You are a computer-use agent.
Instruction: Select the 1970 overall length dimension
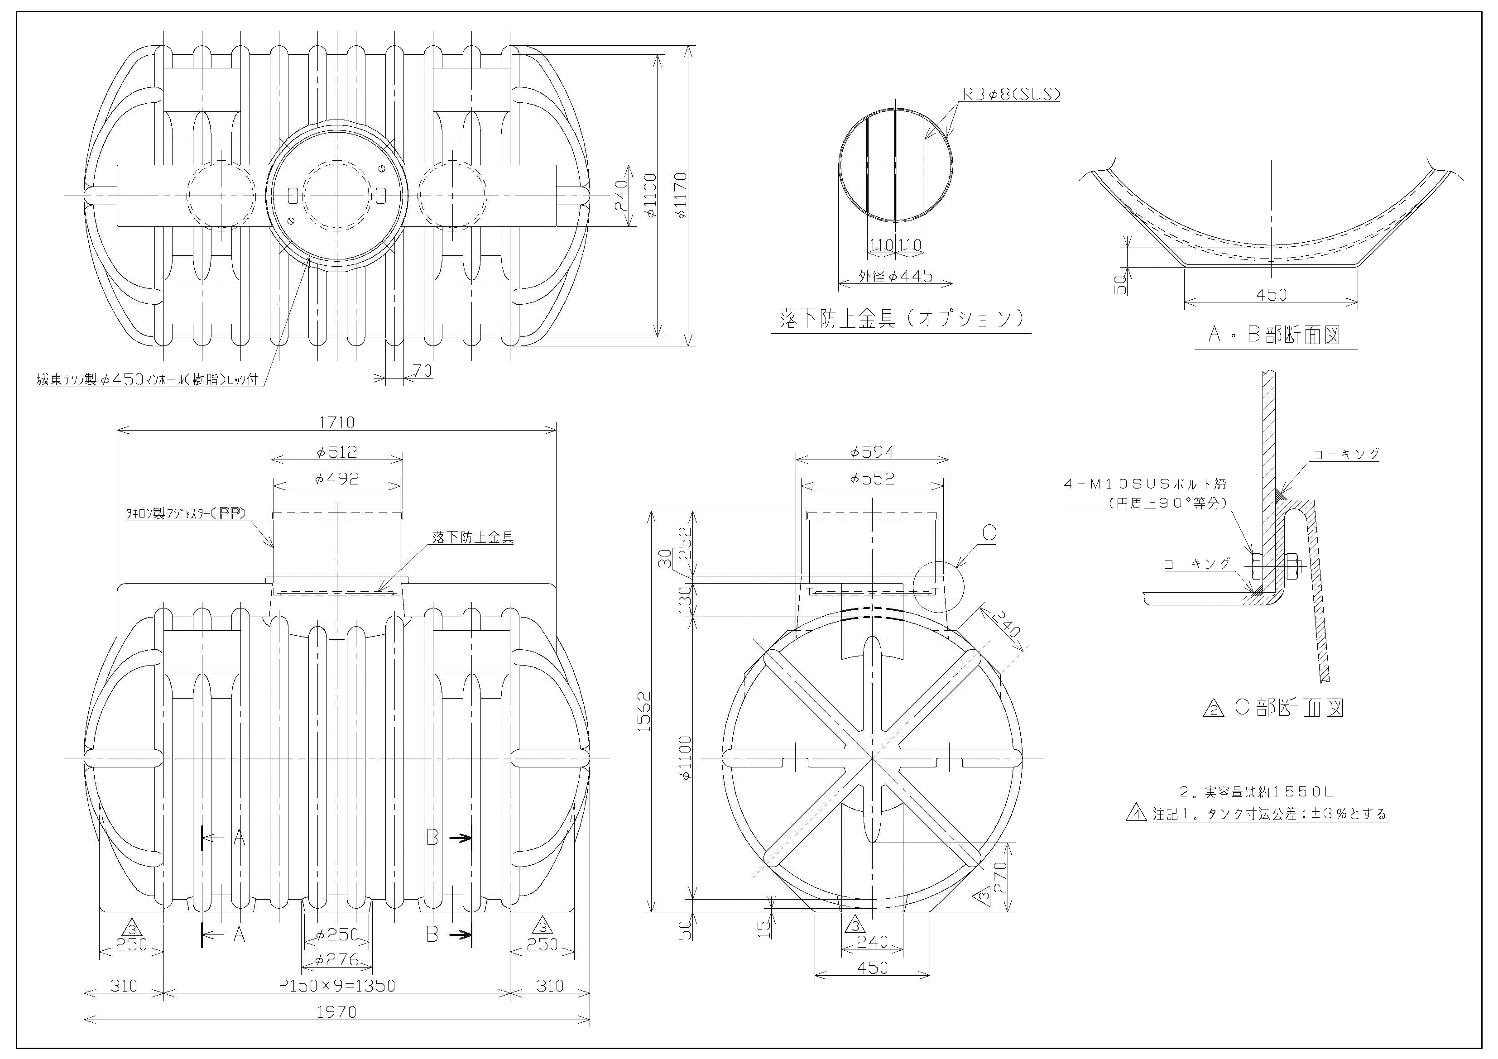pos(336,1012)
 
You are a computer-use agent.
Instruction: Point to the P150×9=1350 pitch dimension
pos(336,985)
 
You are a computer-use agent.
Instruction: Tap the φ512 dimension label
pos(336,451)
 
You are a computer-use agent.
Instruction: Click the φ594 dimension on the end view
pos(872,451)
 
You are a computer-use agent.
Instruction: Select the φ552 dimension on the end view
pos(872,479)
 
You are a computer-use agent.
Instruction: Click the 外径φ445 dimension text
pos(896,276)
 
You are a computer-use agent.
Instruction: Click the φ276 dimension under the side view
pos(336,959)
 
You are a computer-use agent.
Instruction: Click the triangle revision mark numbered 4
pos(1137,815)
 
